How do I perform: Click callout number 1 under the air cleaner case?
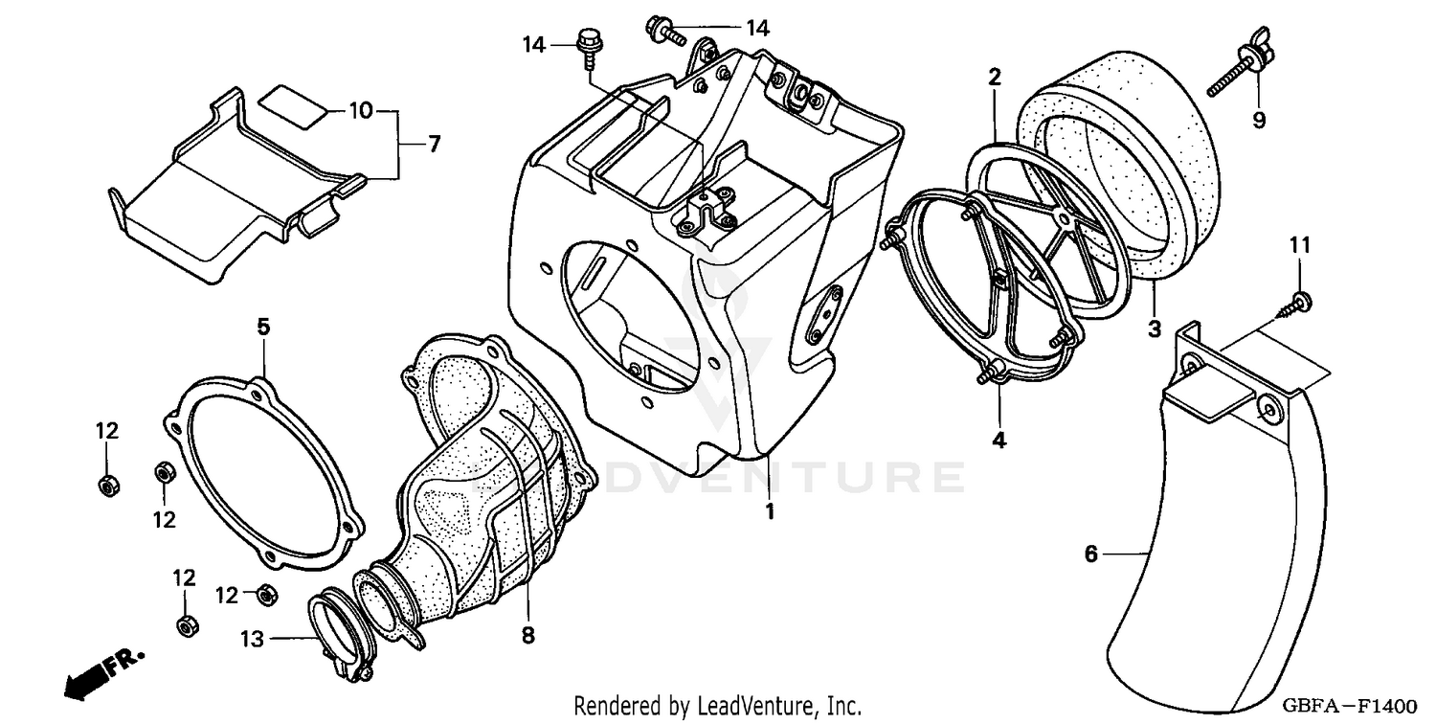pos(769,511)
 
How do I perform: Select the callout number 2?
pos(995,78)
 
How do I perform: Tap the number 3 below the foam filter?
pos(1154,329)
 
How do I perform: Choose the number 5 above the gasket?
pos(262,327)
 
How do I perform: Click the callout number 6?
pos(1090,554)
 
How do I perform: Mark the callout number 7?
pos(434,145)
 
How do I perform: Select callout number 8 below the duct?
pos(528,634)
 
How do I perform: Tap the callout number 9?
pos(1259,120)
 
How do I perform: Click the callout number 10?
pos(360,111)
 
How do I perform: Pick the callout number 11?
pos(1298,246)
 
